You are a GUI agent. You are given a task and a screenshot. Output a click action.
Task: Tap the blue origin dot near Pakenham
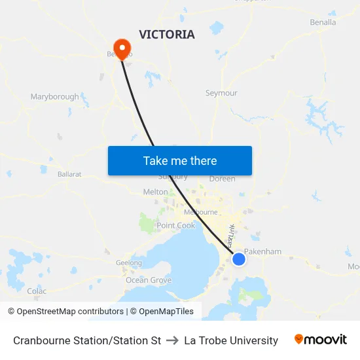tap(239, 259)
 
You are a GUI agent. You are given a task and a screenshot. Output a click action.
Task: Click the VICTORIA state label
tap(166, 35)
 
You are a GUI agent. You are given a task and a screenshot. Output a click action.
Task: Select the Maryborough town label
tap(54, 97)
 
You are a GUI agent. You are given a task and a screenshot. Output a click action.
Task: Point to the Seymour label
tap(221, 93)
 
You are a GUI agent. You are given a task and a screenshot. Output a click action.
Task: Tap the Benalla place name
tap(323, 22)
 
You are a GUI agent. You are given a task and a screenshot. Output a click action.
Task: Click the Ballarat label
tap(69, 175)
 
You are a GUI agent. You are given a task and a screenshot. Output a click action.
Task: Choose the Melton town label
tap(155, 192)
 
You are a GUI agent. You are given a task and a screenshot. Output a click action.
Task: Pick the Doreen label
tap(222, 179)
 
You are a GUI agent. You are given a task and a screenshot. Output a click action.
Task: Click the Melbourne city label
tap(200, 212)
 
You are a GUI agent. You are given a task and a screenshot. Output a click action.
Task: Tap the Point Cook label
tap(175, 225)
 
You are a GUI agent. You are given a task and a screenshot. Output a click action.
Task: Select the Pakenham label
tap(262, 251)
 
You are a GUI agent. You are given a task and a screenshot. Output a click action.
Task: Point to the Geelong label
tap(128, 263)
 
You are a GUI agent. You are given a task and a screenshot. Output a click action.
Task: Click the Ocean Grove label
tap(149, 280)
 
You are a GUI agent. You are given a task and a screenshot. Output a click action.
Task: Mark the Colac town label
tap(37, 291)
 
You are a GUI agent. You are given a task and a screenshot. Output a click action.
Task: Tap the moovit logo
tap(320, 340)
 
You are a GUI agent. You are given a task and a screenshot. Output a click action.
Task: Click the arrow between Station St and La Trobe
tap(173, 340)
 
